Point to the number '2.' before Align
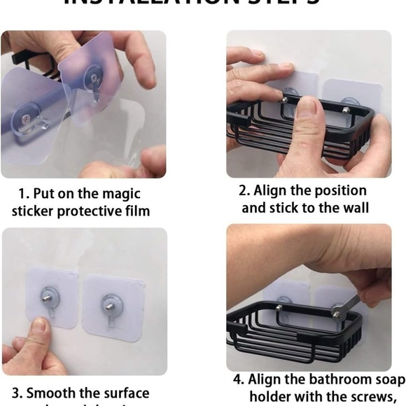point(244,190)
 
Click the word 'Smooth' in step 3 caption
point(54,393)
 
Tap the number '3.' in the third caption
point(17,393)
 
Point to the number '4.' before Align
point(239,379)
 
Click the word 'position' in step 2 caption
point(338,190)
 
